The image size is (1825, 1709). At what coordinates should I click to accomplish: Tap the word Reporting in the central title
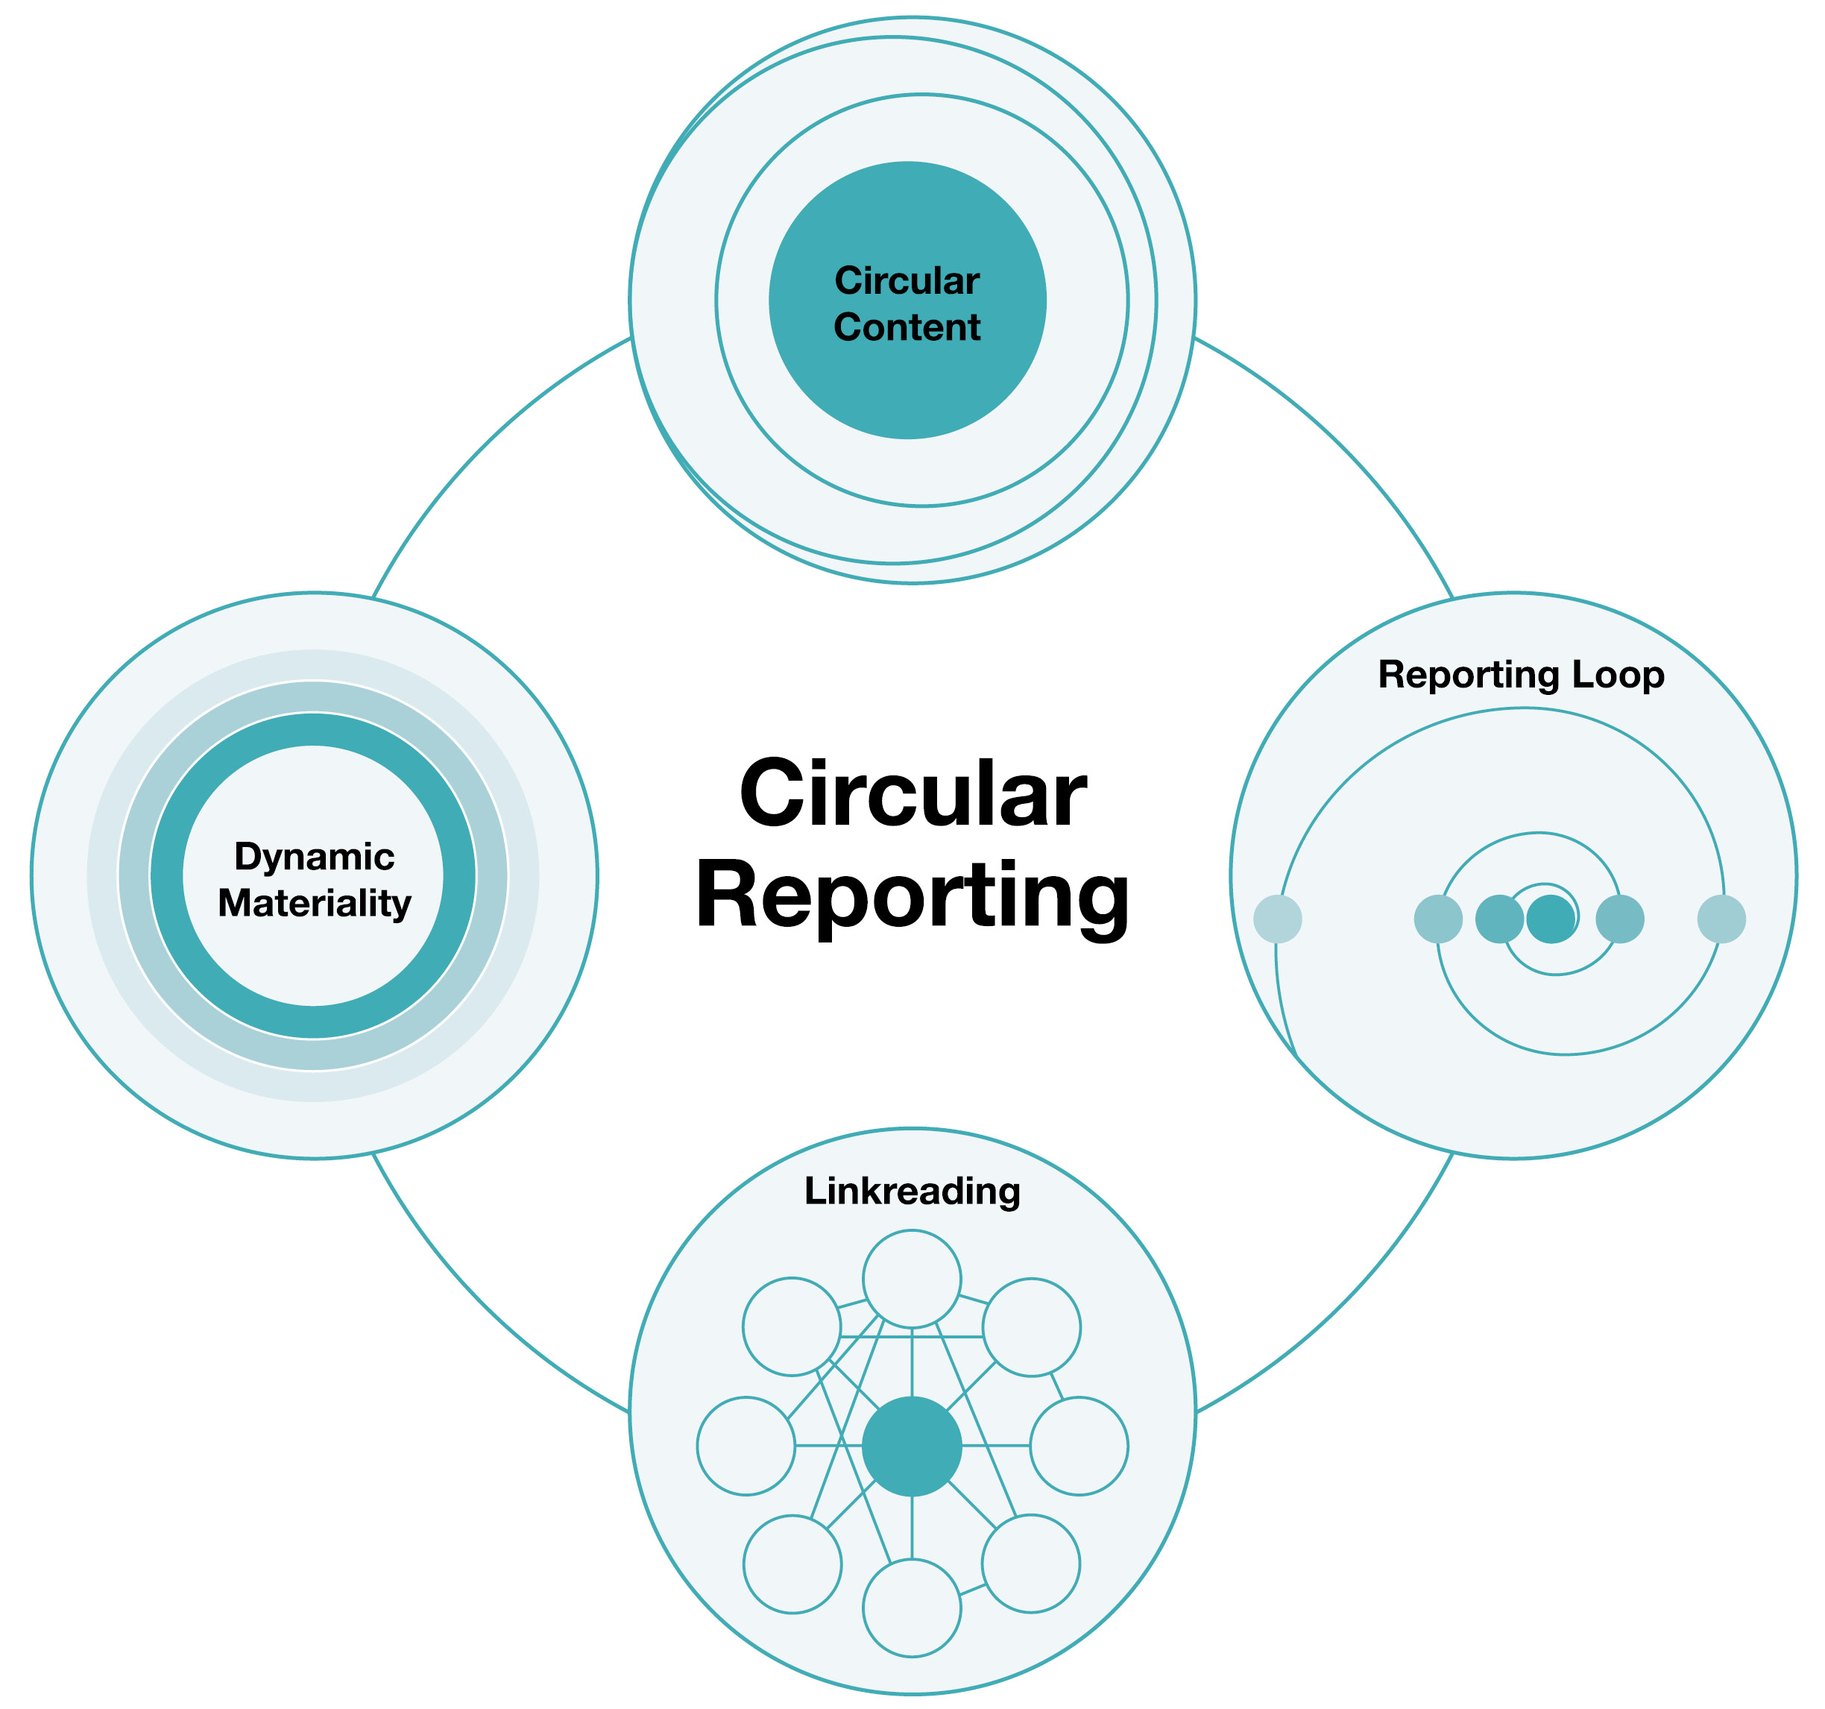coord(912,897)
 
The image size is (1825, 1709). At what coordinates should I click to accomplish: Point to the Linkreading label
coord(912,1191)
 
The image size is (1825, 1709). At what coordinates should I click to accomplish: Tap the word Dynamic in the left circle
coord(314,857)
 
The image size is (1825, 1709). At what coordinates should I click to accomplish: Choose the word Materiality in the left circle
coord(314,904)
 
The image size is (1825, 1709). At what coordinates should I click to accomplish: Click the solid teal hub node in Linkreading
coord(912,1447)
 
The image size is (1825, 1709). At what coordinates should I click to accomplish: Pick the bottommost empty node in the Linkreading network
coord(912,1609)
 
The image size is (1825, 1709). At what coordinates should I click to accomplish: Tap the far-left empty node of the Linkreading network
coord(746,1447)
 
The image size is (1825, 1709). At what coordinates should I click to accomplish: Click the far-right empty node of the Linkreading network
coord(1079,1447)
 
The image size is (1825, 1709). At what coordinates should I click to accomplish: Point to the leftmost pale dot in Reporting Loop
coord(1278,919)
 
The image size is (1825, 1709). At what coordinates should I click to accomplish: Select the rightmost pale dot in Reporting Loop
coord(1721,919)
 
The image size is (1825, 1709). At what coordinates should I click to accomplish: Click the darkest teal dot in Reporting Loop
coord(1551,919)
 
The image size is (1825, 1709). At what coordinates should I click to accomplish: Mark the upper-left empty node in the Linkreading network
coord(791,1327)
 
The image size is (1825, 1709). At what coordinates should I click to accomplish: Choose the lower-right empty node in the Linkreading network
coord(1031,1563)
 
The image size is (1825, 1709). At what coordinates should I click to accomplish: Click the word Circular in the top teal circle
coord(907,281)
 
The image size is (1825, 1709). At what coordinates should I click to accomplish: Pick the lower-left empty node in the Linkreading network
coord(792,1564)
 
